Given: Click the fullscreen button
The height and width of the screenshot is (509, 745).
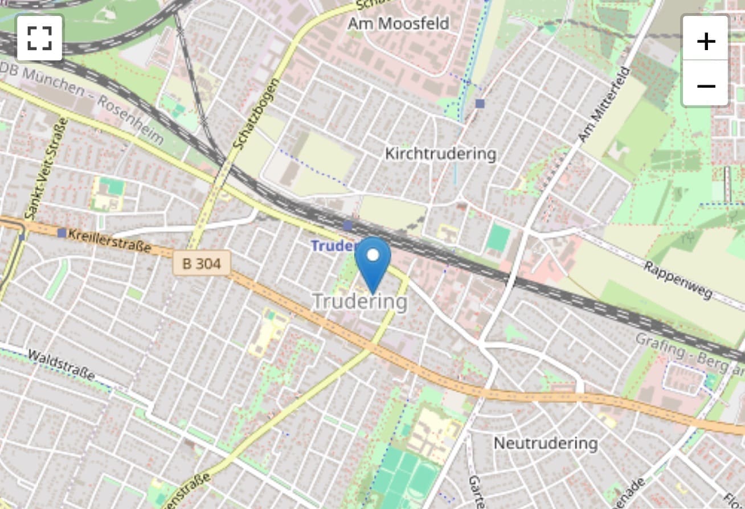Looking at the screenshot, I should tap(39, 38).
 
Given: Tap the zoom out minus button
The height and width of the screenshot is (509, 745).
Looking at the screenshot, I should tap(706, 85).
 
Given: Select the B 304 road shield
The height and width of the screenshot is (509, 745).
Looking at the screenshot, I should tap(202, 264).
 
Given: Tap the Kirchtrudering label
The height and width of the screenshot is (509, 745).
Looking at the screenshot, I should tap(440, 154).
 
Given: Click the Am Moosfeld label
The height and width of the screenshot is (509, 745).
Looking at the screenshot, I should tap(399, 23).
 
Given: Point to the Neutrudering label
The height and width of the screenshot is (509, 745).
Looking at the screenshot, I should tap(546, 443).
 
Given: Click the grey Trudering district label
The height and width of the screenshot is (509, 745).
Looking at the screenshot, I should tap(360, 301).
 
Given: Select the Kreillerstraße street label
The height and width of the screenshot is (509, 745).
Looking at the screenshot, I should tap(109, 240).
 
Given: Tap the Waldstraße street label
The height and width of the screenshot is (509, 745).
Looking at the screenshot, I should tap(62, 364).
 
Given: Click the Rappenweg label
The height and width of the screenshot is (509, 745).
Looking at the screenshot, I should tap(678, 280).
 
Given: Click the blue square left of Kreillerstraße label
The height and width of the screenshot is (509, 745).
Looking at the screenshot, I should tap(62, 232).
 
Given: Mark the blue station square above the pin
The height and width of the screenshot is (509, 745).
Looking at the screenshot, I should tap(348, 226).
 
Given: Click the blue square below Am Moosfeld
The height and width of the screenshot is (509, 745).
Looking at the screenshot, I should tap(480, 104).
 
